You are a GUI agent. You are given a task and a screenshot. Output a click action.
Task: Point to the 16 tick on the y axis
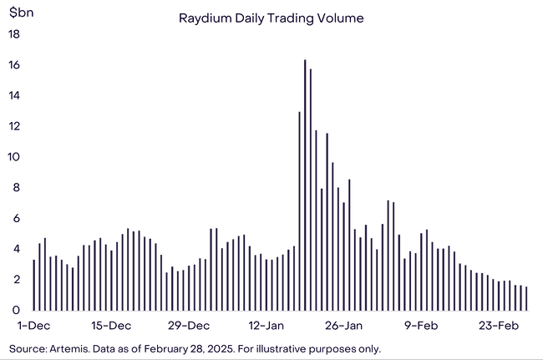point(14,65)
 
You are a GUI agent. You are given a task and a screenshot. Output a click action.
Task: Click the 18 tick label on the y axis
point(14,34)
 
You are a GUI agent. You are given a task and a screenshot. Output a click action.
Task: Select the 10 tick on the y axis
point(14,157)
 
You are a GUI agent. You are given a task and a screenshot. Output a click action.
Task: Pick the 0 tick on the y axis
point(17,310)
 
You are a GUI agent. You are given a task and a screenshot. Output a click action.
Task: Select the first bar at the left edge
point(34,285)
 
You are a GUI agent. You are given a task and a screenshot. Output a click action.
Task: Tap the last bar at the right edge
point(526,298)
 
